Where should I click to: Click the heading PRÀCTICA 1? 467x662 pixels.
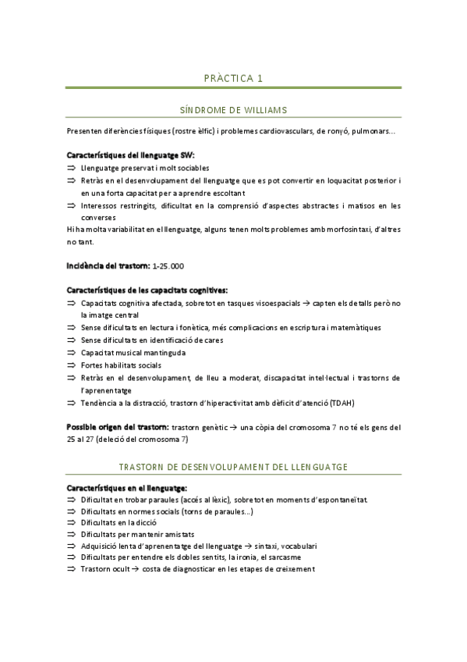(233, 78)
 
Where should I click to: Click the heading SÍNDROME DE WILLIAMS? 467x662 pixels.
(233, 110)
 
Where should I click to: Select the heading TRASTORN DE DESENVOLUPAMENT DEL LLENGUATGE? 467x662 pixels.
(233, 466)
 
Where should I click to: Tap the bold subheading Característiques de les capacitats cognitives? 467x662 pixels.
(147, 290)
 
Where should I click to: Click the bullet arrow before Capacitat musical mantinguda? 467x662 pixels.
(72, 353)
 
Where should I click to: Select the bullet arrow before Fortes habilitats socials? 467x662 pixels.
(72, 365)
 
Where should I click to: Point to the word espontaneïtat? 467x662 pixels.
(335, 499)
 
